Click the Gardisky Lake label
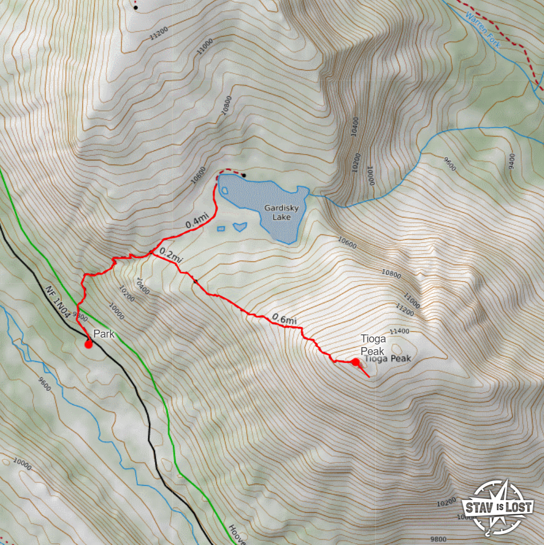pos(282,212)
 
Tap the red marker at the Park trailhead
pos(88,344)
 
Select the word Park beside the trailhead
pos(104,334)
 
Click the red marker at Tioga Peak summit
pos(356,362)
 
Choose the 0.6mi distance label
pos(284,318)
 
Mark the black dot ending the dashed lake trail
pos(244,175)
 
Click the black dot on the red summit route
pos(195,281)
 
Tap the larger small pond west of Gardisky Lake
pos(240,227)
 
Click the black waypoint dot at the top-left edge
pos(135,7)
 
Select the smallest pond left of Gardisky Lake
pos(221,229)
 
